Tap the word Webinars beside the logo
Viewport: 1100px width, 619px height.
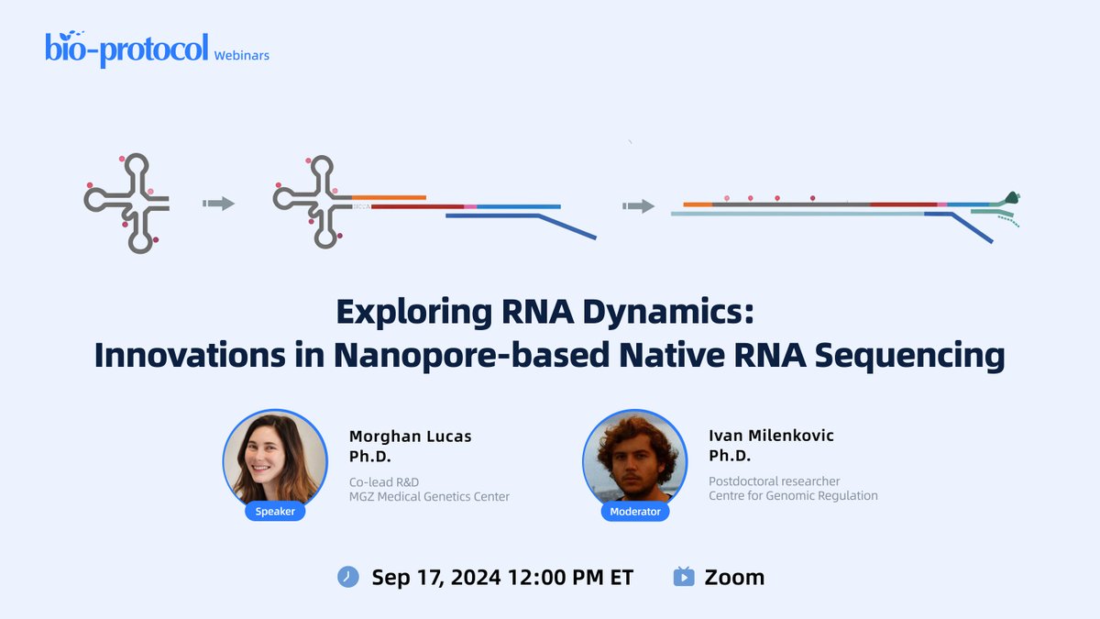[241, 55]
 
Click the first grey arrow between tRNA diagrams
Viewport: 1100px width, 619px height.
[218, 204]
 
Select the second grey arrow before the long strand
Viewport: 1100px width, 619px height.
[638, 206]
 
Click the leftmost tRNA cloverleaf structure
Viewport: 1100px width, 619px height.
[126, 204]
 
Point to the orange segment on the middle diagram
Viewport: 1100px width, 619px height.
[389, 197]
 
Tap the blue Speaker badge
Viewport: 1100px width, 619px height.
[275, 512]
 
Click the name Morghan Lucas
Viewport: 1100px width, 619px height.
[410, 437]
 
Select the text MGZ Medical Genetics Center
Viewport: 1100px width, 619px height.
[428, 497]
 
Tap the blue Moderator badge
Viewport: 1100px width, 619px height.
[635, 512]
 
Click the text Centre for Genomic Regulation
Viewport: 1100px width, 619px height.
[793, 496]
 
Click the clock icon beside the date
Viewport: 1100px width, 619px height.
[348, 577]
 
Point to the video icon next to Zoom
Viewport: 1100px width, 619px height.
[684, 577]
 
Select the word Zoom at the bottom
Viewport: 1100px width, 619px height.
[734, 577]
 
